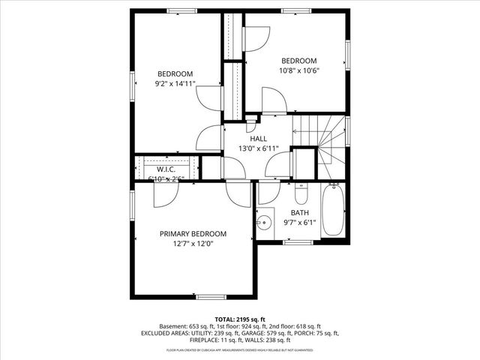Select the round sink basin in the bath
coord(264,223)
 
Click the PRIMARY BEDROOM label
coord(193,234)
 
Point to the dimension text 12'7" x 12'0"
coord(193,244)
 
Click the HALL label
coord(258,139)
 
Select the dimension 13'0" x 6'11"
coord(258,148)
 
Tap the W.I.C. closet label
coord(166,169)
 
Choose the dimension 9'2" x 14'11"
coord(175,83)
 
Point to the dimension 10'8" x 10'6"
coord(299,70)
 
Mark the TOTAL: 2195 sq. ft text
coord(240,319)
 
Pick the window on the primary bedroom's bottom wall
coord(211,297)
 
